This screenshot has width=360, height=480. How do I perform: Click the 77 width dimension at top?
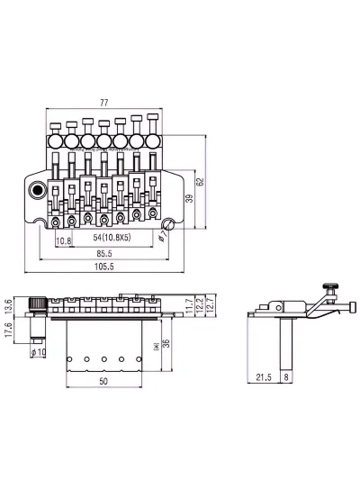[104, 103]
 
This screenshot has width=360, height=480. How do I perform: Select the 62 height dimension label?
[200, 182]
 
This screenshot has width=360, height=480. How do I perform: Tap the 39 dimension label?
[190, 198]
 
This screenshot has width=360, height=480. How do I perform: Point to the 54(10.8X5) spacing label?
[112, 237]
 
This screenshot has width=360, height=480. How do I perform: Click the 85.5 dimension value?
[104, 253]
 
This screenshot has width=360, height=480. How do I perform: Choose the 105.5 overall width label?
[104, 267]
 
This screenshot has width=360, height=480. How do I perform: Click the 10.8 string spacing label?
[64, 241]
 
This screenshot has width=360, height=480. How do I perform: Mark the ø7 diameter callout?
[163, 236]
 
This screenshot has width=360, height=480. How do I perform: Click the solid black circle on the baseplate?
[37, 190]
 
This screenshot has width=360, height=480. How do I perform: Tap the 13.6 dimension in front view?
[8, 306]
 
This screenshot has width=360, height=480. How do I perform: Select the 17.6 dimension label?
[8, 330]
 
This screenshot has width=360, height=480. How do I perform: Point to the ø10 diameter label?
[38, 352]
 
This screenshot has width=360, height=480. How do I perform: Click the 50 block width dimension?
[103, 381]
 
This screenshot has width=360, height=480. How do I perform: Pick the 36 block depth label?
[166, 343]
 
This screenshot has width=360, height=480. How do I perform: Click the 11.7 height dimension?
[190, 306]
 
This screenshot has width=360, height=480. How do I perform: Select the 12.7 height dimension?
[211, 304]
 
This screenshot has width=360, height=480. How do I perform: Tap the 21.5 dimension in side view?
[264, 377]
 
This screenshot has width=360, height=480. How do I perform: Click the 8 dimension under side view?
[286, 377]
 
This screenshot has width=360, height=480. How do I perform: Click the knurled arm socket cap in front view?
[38, 304]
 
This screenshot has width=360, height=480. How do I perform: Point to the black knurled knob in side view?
[330, 286]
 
